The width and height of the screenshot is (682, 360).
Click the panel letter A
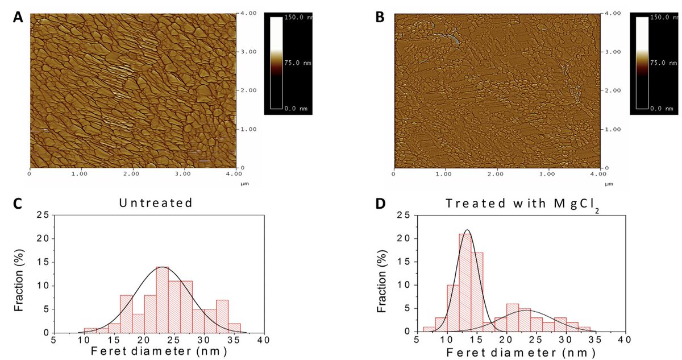pos(18,18)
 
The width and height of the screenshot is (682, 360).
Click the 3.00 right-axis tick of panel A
pos(248,52)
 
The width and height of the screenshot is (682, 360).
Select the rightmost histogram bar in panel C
pos(234,328)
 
